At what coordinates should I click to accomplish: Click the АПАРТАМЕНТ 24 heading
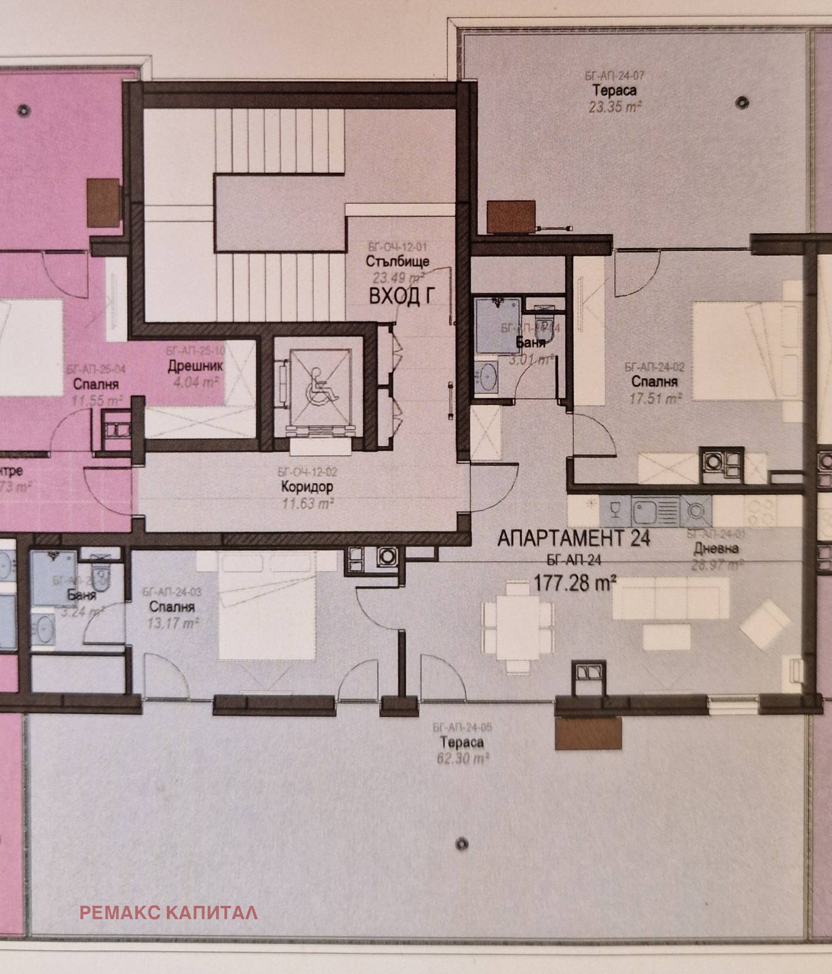point(573,538)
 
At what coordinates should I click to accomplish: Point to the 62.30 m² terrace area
point(463,759)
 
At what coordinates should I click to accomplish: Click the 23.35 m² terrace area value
point(615,108)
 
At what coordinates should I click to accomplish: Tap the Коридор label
point(307,487)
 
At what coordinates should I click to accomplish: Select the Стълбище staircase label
point(398,262)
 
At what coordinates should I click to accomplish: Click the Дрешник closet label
point(195,366)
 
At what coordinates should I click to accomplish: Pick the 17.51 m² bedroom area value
point(654,399)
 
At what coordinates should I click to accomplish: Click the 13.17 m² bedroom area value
point(173,623)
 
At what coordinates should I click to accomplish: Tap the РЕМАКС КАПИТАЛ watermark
point(169,913)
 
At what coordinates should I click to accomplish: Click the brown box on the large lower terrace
point(589,733)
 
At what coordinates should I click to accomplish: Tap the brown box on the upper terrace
point(511,217)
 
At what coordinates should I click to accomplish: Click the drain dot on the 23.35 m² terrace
point(741,102)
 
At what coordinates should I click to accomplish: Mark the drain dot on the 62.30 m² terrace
point(463,844)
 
